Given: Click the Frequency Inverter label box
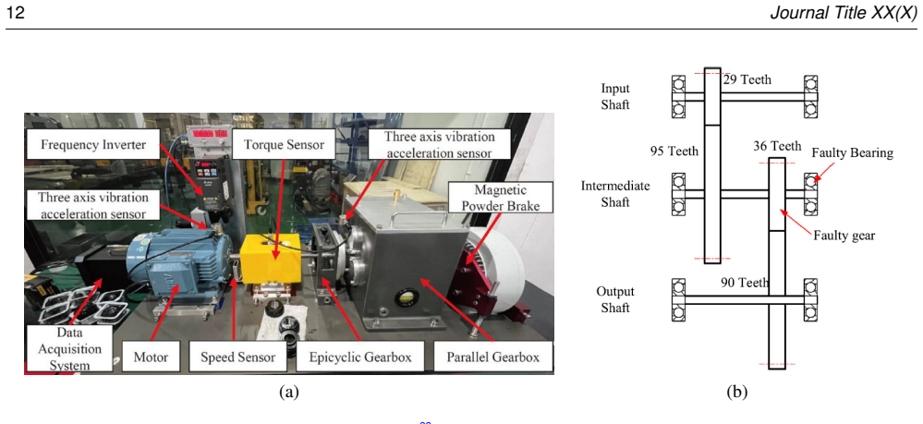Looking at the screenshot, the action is [x=93, y=145].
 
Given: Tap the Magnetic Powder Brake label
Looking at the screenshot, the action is [x=500, y=198].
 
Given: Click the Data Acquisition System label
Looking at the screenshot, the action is [x=69, y=348].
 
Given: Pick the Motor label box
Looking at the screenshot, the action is [x=151, y=357].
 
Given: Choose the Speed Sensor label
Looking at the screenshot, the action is [x=237, y=357].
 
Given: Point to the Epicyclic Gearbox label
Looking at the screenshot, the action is [x=359, y=357].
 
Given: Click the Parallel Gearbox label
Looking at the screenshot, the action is [x=492, y=357].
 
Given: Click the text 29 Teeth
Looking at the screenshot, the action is [x=747, y=79].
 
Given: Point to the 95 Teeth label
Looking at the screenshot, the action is [x=674, y=151].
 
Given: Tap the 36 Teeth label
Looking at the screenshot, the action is [x=777, y=145].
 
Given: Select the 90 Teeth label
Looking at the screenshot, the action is [x=745, y=283].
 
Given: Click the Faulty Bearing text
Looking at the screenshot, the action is [x=853, y=153].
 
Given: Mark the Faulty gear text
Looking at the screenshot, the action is [x=844, y=236].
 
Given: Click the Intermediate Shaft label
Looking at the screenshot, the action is [x=615, y=194].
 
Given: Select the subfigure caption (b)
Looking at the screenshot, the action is [x=736, y=393].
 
